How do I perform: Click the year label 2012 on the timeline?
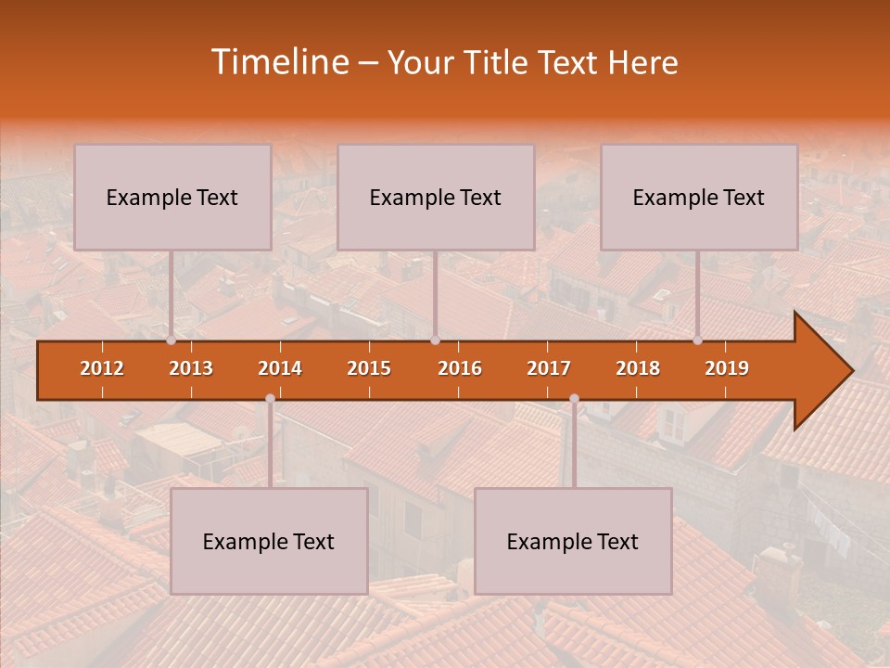pyautogui.click(x=102, y=368)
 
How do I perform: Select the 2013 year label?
pyautogui.click(x=191, y=368)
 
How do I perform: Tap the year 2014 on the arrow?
pyautogui.click(x=280, y=368)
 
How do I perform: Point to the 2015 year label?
pyautogui.click(x=369, y=368)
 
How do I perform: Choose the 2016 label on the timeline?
pyautogui.click(x=460, y=368)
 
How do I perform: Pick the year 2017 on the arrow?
pyautogui.click(x=549, y=368)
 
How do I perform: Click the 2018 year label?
pyautogui.click(x=638, y=368)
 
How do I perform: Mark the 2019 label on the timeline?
pyautogui.click(x=727, y=368)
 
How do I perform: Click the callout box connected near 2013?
pyautogui.click(x=172, y=197)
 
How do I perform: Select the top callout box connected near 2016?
pyautogui.click(x=436, y=197)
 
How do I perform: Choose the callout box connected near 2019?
pyautogui.click(x=699, y=197)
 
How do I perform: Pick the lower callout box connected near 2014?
pyautogui.click(x=269, y=541)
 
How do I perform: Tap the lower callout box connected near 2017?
pyautogui.click(x=573, y=541)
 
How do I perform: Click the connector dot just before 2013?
pyautogui.click(x=172, y=340)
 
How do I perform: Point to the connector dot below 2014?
pyautogui.click(x=270, y=399)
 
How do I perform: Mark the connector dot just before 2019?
pyautogui.click(x=698, y=340)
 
